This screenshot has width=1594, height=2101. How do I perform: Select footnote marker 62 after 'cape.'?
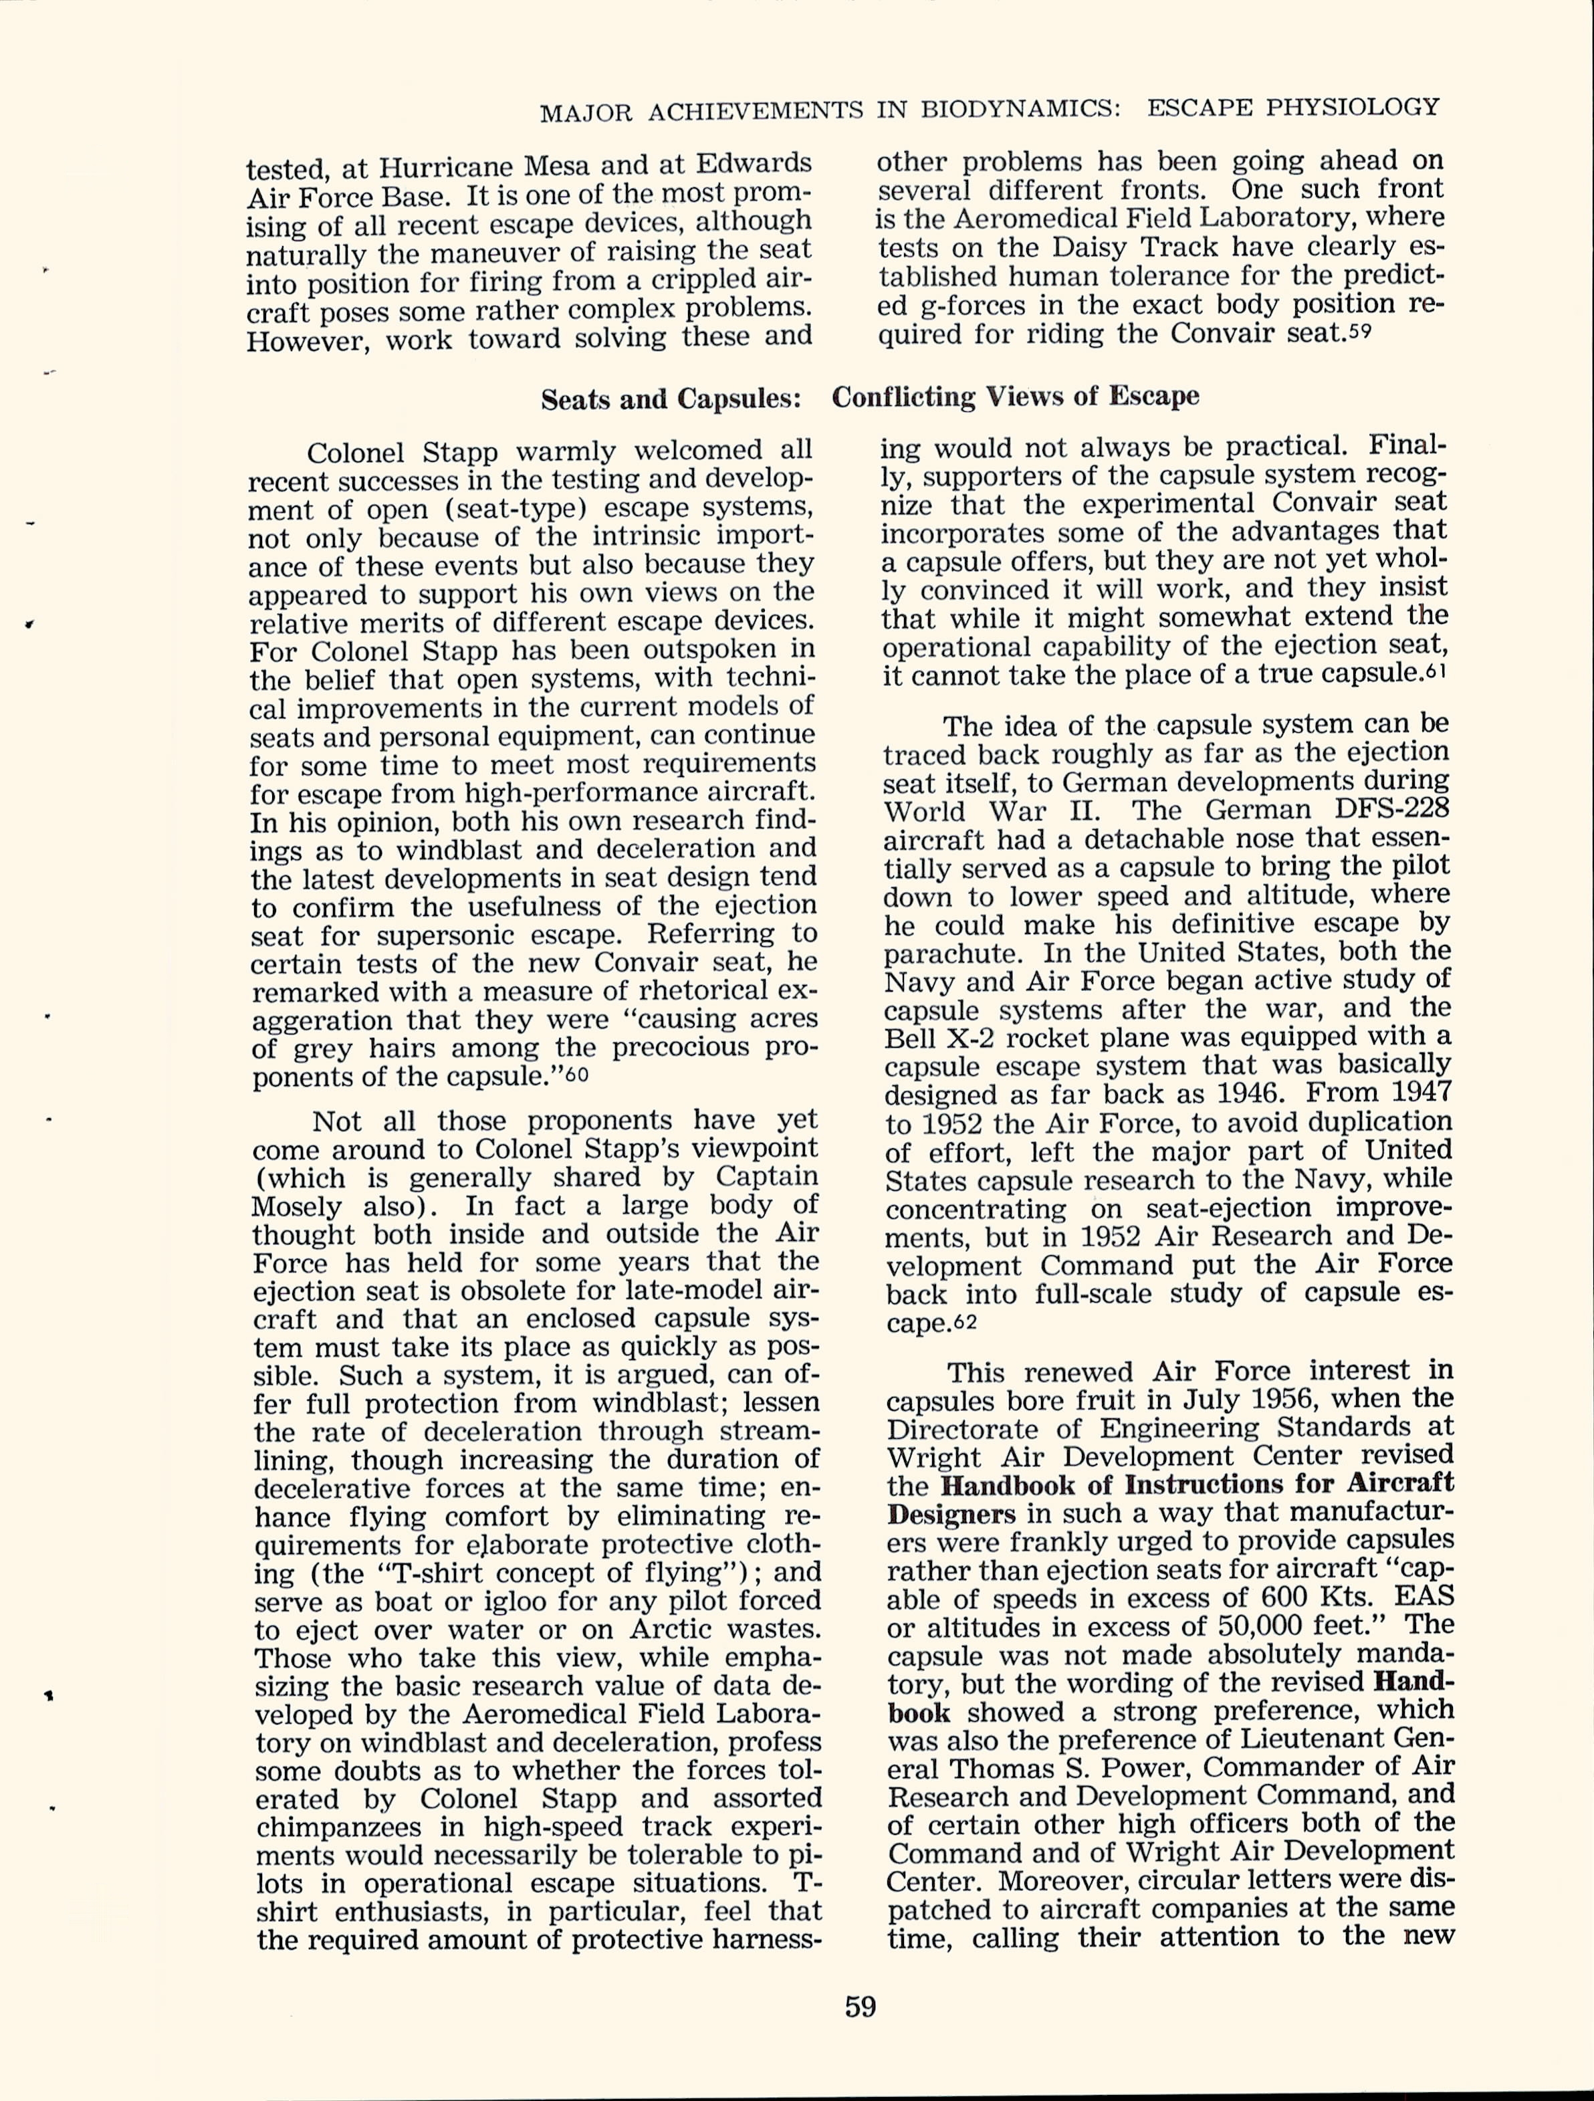tap(966, 1322)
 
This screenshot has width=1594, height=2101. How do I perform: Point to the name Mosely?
tap(296, 1206)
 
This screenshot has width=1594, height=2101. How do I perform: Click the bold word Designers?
tap(950, 1513)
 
